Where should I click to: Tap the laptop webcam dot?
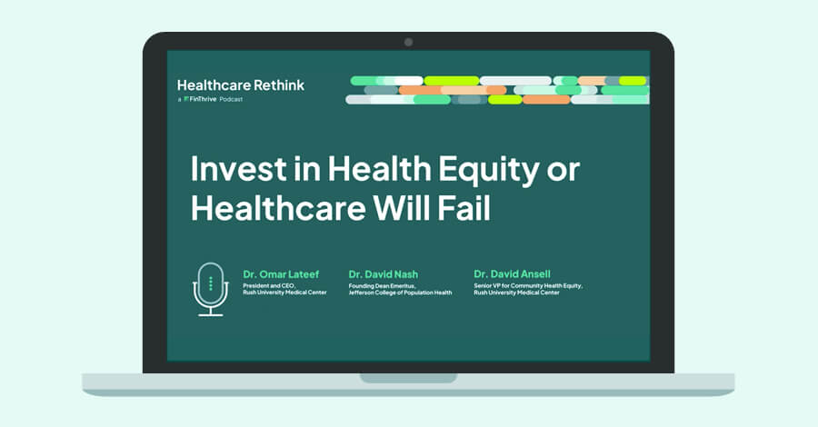[408, 42]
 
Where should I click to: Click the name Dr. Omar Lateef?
[281, 274]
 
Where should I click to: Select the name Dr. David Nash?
[383, 274]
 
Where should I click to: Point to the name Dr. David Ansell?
[512, 273]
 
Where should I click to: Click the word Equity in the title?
[489, 171]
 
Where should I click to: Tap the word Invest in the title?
[238, 169]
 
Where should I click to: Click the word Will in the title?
[402, 208]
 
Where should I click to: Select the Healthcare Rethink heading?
[241, 85]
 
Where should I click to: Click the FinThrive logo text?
[200, 99]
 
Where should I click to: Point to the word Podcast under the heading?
[231, 99]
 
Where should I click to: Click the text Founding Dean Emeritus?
[383, 286]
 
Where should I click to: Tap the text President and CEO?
[269, 286]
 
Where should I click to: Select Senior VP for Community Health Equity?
[528, 285]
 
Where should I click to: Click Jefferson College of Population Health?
[400, 293]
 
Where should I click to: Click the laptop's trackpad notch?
[408, 377]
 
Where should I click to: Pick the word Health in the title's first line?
[379, 169]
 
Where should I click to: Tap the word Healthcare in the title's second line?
[278, 208]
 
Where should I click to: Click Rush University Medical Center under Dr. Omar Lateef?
[284, 293]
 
